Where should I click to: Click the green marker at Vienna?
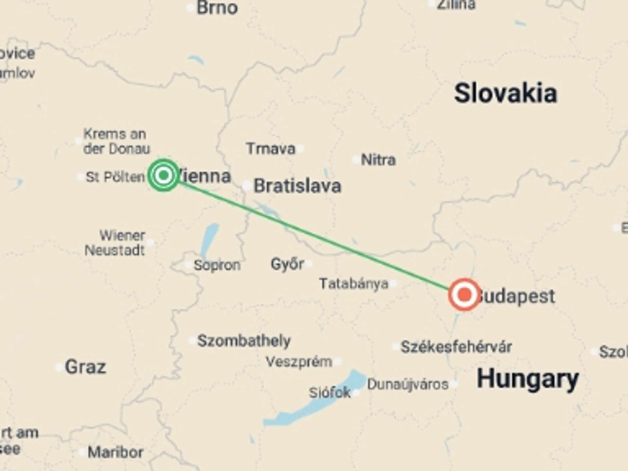[164, 175]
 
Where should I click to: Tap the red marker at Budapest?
[464, 295]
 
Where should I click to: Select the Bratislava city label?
[297, 186]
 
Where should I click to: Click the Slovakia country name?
[505, 94]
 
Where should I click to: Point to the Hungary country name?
[528, 379]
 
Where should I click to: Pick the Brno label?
[217, 8]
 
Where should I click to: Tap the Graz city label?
[85, 367]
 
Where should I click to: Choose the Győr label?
[287, 264]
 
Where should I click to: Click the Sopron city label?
[217, 265]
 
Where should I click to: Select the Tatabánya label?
[354, 284]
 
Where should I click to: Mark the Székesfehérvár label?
[456, 347]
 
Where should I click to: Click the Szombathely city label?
[244, 341]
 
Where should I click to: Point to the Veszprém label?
[299, 362]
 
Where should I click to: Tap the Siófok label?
[330, 392]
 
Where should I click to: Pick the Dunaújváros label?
[408, 384]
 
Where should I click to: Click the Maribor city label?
[115, 452]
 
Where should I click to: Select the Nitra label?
[378, 160]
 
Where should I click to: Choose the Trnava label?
[271, 149]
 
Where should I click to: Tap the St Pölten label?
[115, 177]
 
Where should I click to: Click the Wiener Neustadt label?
[115, 243]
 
